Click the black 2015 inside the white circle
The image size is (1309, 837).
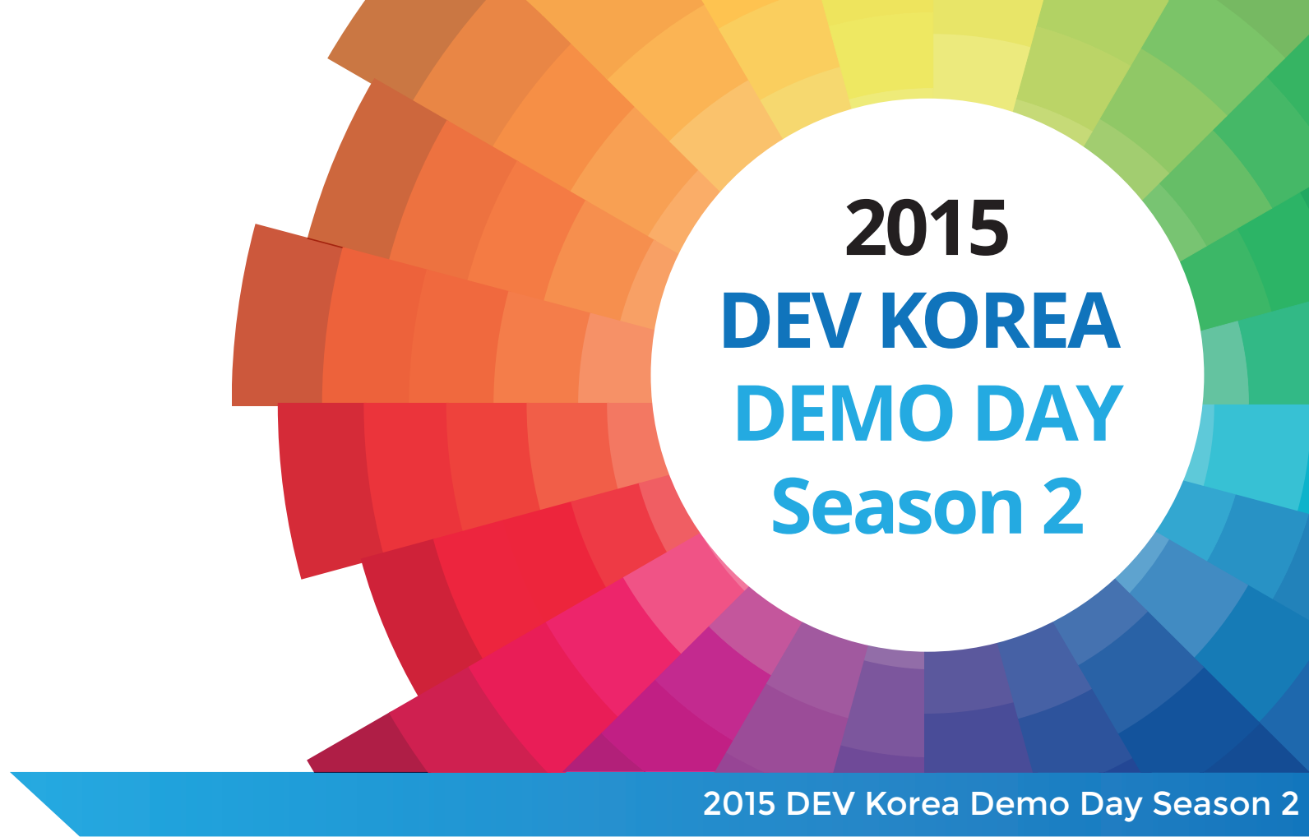tap(927, 228)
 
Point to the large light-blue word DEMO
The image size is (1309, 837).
tap(844, 413)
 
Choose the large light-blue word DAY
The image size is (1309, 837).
tap(1049, 413)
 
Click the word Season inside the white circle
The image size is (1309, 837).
tap(897, 506)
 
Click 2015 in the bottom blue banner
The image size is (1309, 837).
tap(738, 803)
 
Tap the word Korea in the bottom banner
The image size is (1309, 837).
tap(912, 803)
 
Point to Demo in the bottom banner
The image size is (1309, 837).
tap(1020, 803)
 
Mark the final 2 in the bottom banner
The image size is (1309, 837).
tap(1290, 803)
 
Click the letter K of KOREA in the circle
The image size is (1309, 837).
tap(904, 320)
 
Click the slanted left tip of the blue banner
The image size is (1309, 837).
tap(12, 774)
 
